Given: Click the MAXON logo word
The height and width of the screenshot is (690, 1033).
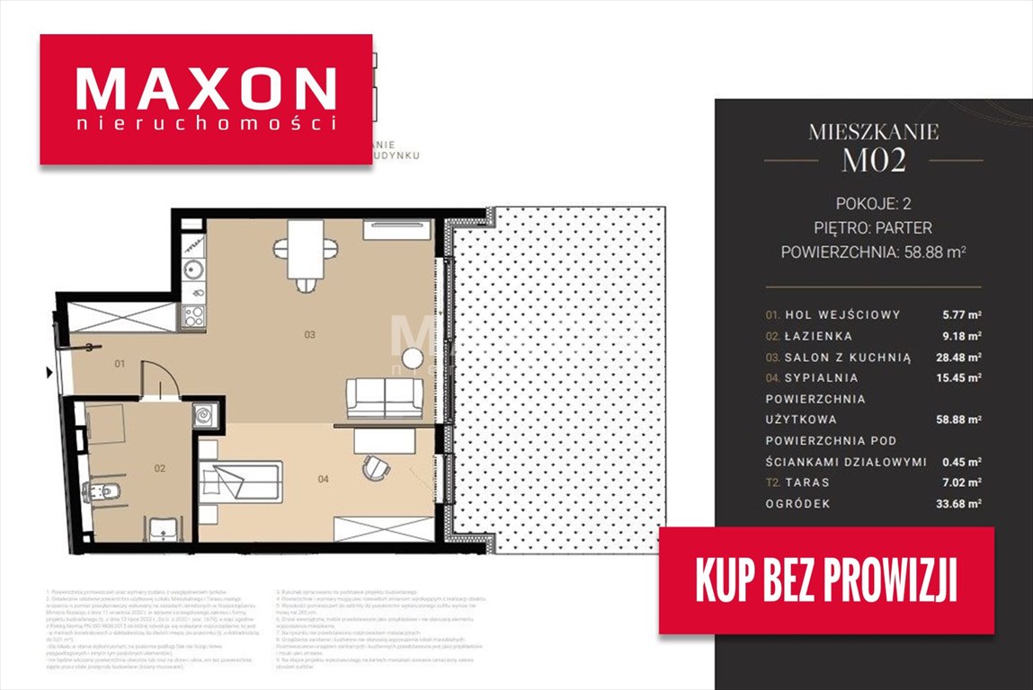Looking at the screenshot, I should point(206,89).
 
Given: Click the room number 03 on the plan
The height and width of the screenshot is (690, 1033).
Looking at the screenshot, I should point(309,335).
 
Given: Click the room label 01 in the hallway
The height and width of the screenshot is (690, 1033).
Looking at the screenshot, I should point(120,364).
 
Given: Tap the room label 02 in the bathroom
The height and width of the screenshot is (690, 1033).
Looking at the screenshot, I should point(159,468).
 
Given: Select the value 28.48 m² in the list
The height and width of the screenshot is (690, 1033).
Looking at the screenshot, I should point(957,358).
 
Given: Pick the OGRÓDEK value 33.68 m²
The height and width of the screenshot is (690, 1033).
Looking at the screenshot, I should point(957,504).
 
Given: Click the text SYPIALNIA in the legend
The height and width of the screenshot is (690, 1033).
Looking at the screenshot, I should point(821,378).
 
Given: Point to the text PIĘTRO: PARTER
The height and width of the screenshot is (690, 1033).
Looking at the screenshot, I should point(872,227).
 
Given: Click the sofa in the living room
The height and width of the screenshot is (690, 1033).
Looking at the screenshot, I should point(385,398).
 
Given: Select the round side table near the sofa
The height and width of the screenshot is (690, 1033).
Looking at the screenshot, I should point(412,358).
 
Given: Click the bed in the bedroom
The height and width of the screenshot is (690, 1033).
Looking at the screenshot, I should point(241,480).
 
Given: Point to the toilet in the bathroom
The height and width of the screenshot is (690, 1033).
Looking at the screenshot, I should point(100,491).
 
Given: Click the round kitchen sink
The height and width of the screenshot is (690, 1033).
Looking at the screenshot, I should point(192,269).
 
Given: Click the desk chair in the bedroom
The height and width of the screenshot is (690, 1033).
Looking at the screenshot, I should point(374,467).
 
